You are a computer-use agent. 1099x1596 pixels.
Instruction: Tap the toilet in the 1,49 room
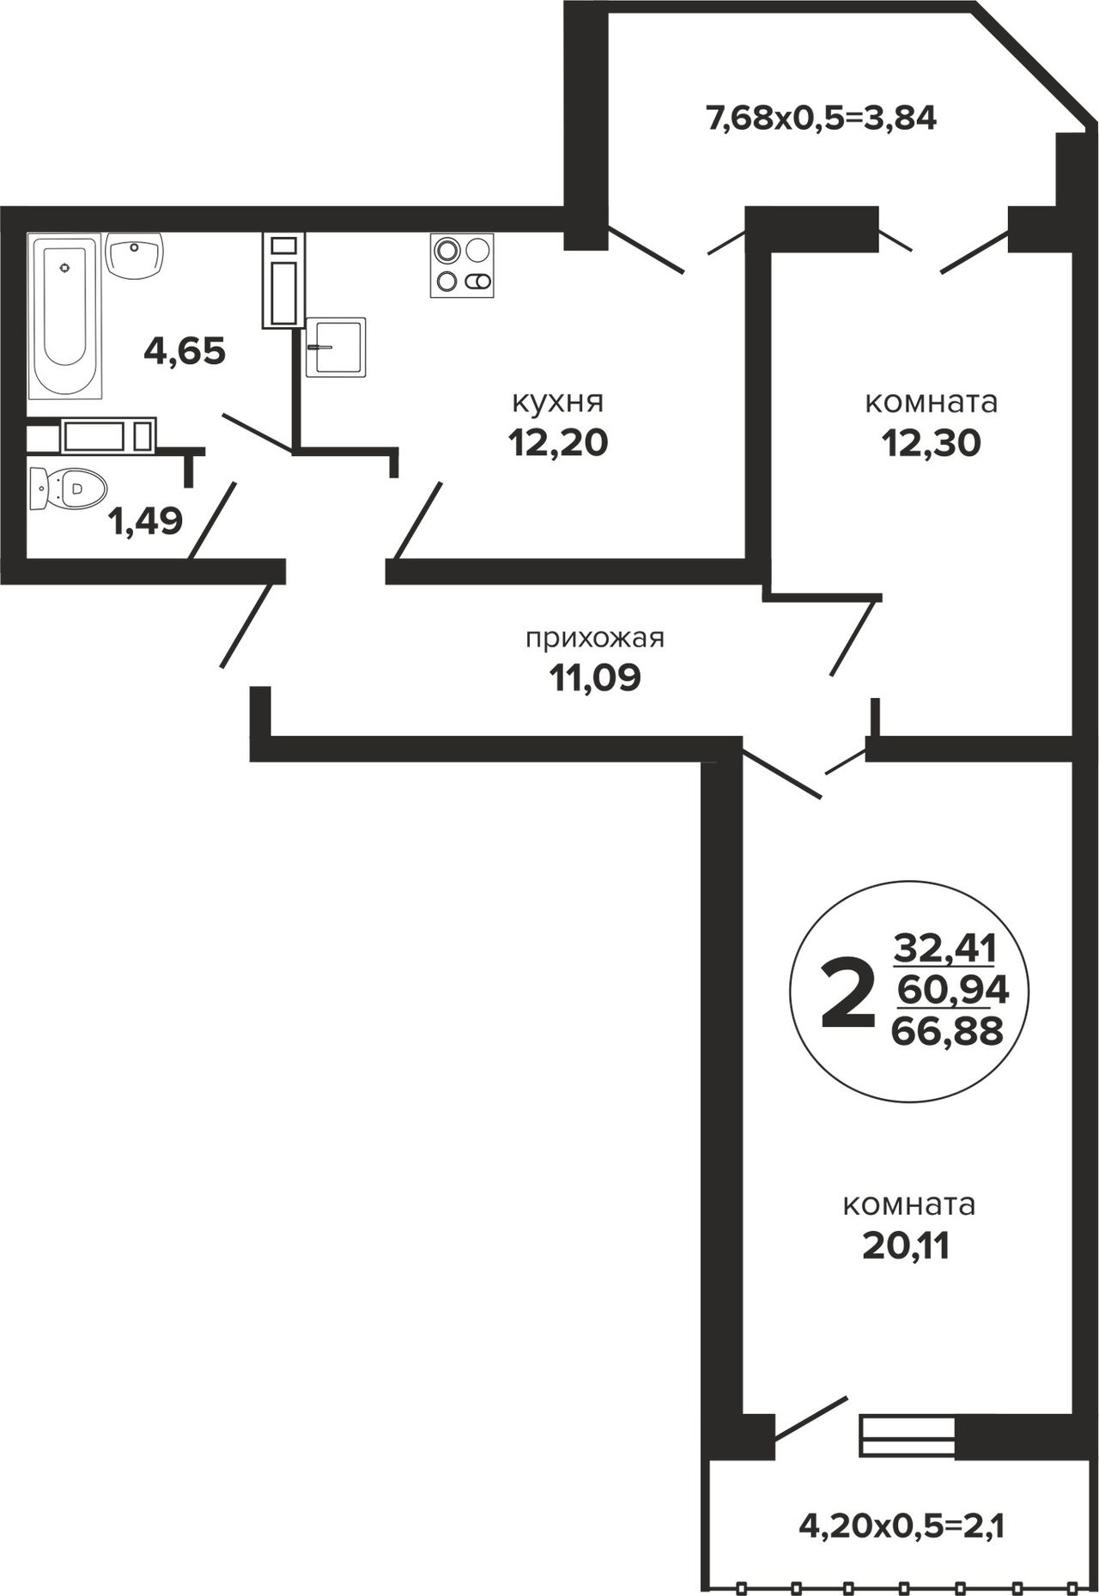pos(67,489)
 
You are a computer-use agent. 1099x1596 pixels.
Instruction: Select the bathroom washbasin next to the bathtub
pos(136,255)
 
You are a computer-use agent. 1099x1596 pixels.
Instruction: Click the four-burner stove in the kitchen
pos(463,265)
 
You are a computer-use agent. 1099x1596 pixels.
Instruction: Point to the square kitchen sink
pos(336,347)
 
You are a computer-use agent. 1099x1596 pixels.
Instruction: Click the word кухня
pos(558,402)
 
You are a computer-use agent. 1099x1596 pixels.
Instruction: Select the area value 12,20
pos(558,443)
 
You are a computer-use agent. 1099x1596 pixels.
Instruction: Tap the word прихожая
pos(595,639)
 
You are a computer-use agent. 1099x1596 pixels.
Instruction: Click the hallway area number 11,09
pos(595,679)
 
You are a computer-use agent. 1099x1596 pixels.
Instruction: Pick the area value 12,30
pos(931,443)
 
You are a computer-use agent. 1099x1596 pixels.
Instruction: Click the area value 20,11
pos(907,1246)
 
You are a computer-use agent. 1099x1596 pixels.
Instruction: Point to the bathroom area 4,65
pos(185,351)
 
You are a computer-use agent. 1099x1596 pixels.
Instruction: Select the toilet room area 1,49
pos(145,521)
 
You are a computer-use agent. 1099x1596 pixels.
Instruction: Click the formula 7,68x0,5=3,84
pos(820,118)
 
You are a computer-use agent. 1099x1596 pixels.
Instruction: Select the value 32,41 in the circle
pos(945,950)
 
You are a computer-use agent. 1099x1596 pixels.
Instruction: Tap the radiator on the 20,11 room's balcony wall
pos(908,1436)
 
